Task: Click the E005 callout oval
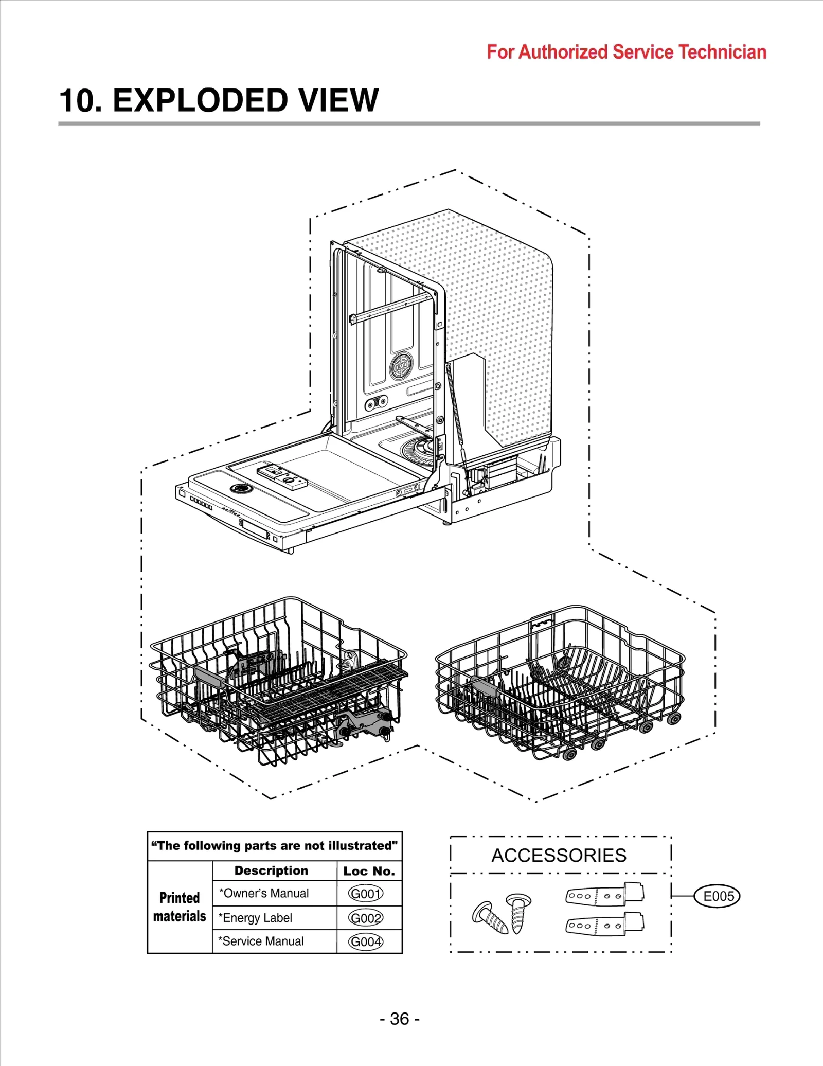click(718, 896)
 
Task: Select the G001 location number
click(366, 894)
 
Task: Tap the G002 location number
click(366, 918)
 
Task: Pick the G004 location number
click(366, 941)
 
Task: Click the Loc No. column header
click(369, 871)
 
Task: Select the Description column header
click(271, 870)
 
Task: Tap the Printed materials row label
click(180, 907)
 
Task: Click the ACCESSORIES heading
click(559, 856)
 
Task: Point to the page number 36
click(400, 1019)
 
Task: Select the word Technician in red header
click(722, 52)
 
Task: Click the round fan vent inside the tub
click(401, 366)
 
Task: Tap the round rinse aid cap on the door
click(240, 488)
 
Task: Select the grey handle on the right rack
click(484, 687)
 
